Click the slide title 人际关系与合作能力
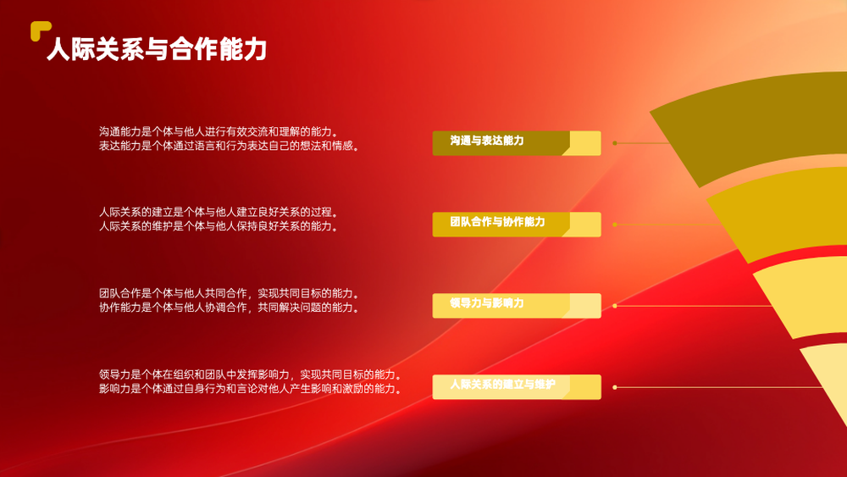coord(157,49)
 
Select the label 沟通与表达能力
coord(487,141)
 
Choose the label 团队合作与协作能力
coord(497,221)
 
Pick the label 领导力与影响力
coord(487,303)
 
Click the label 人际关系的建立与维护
coord(502,384)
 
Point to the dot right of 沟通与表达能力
coord(615,143)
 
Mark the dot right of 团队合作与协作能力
coord(615,225)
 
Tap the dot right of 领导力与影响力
coord(615,306)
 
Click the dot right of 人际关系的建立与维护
coord(615,387)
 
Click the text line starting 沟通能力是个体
coord(219,131)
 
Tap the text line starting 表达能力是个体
coord(230,146)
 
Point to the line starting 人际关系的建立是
coord(219,212)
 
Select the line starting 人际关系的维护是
coord(219,226)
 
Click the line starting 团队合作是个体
coord(230,293)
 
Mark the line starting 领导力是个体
coord(251,374)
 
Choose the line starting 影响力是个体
coord(251,388)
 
